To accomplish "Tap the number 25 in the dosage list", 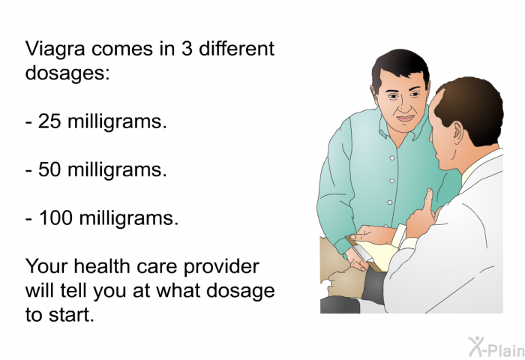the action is pos(49,121).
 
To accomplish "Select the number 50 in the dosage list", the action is pos(49,169).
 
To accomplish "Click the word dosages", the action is pos(67,73).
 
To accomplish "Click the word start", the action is pos(71,315).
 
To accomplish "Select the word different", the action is pos(236,49).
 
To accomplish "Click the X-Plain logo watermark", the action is pos(496,347).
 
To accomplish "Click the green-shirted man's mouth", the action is pos(406,118).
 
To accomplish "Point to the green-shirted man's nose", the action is pos(404,106).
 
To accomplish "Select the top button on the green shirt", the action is pos(392,158).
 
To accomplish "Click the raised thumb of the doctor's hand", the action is pos(429,198).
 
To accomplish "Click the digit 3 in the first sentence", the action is pos(187,49).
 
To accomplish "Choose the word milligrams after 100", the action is pos(128,219).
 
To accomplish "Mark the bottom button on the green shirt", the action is pos(390,202).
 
